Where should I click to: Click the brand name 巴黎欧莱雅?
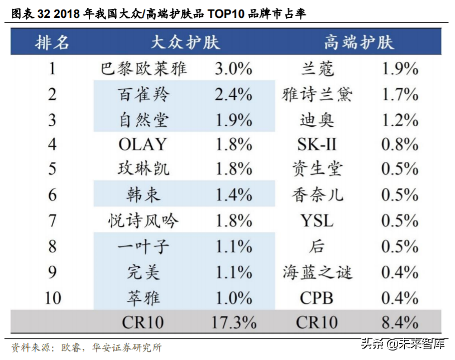tap(143, 69)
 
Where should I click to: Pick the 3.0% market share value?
tap(233, 69)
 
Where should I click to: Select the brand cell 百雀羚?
tap(143, 94)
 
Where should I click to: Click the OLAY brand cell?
tap(143, 145)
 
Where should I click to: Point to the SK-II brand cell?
tap(317, 145)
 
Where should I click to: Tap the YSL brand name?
tap(317, 220)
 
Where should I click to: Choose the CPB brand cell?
tap(317, 297)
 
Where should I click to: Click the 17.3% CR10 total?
tap(233, 322)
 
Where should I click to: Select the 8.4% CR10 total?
tap(400, 322)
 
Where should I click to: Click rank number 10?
tap(52, 297)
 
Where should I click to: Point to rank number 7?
tap(52, 220)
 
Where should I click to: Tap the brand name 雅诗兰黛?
tap(317, 94)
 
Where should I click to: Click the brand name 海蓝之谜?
tap(317, 272)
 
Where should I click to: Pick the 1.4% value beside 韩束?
tap(233, 195)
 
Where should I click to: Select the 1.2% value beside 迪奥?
tap(400, 119)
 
